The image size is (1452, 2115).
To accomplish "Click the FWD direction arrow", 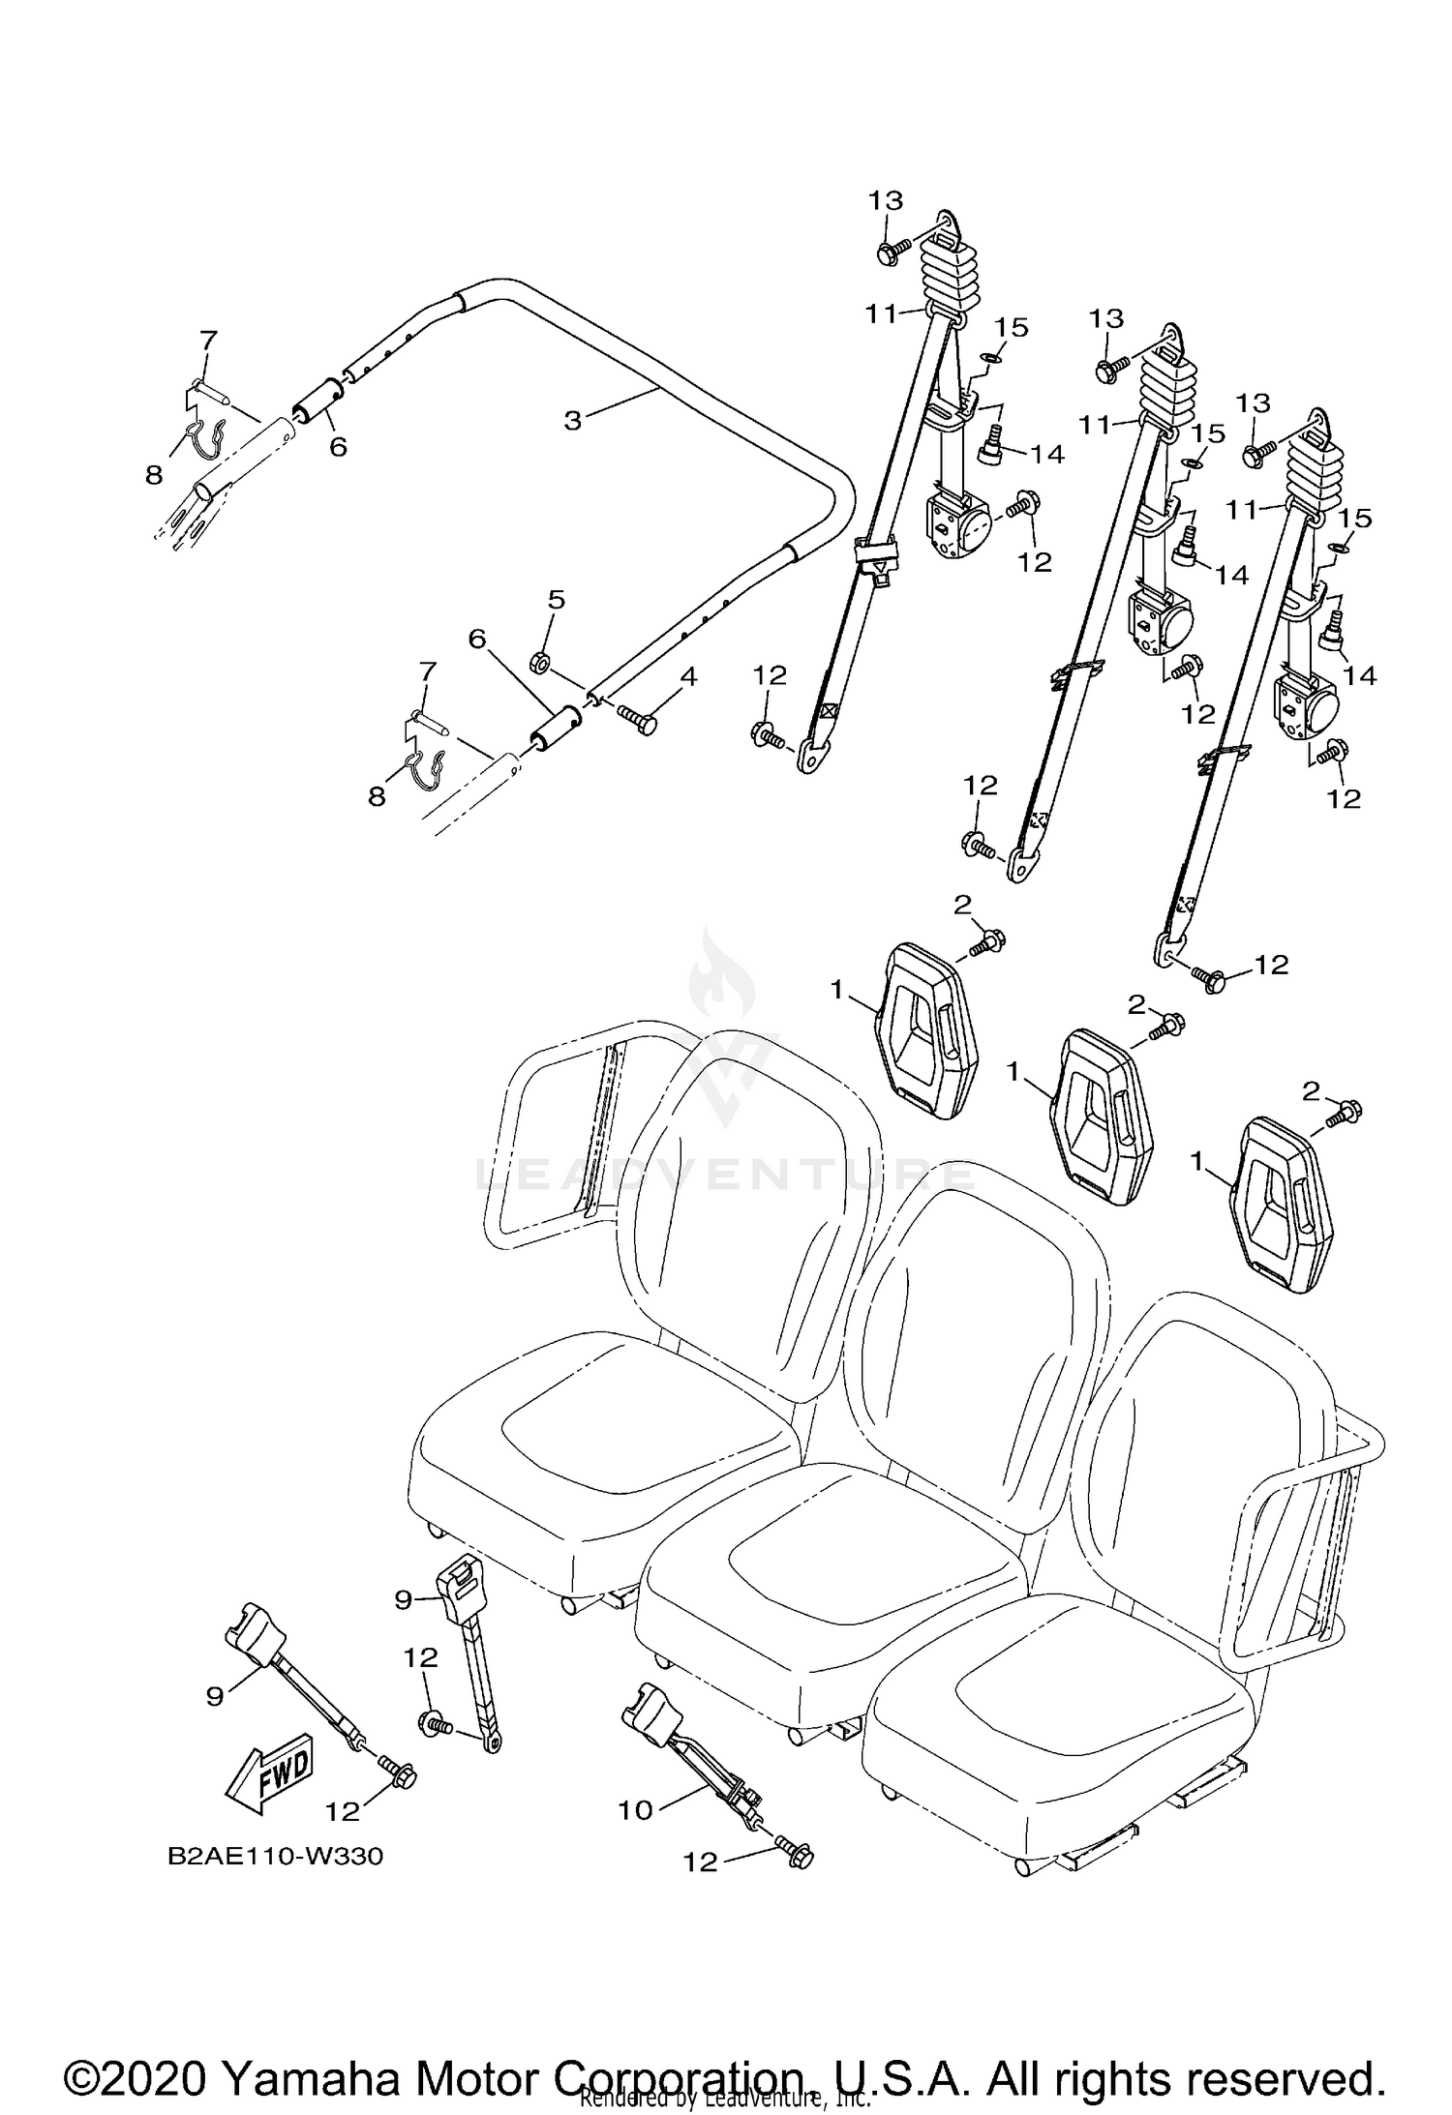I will pos(268,1772).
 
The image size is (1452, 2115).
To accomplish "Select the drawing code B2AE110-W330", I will pos(275,1858).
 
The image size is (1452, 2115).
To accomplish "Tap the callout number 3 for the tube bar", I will pos(573,421).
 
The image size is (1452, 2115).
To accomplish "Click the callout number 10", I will pos(636,1809).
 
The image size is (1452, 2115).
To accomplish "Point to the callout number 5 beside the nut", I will pos(556,600).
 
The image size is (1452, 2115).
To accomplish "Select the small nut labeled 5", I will pos(540,663).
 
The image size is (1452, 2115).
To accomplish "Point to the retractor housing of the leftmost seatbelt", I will pos(959,527).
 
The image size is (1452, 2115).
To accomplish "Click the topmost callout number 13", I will pos(885,200).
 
